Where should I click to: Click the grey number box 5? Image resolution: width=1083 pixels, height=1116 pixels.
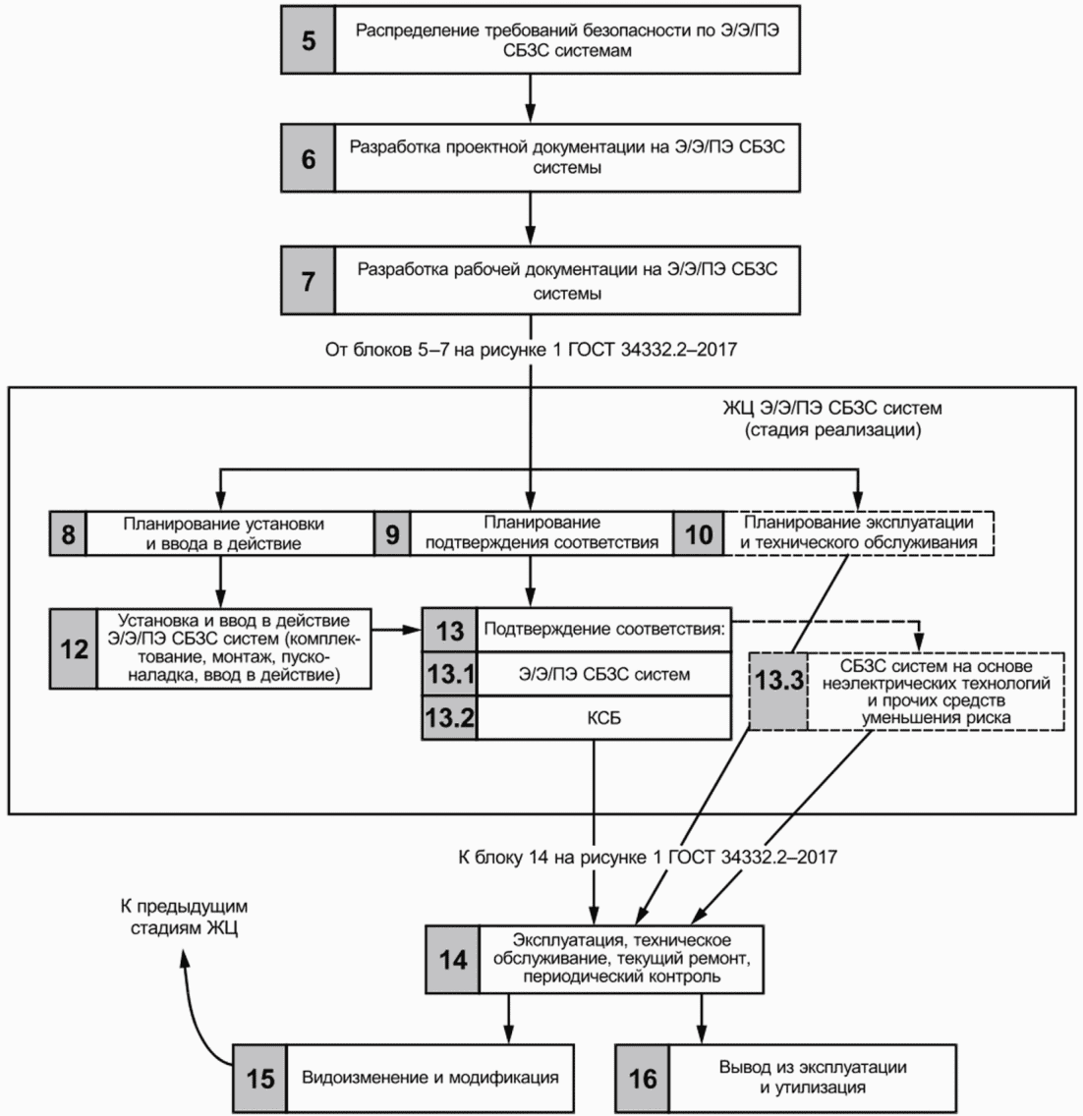[309, 41]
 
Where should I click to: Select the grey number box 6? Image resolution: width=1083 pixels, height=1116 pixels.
[309, 157]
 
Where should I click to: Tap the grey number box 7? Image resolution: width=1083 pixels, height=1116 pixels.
[309, 280]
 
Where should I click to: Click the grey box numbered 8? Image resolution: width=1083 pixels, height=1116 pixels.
[68, 533]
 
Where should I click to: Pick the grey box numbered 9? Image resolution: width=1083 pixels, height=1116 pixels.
[391, 533]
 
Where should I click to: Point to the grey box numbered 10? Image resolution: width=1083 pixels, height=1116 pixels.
[699, 533]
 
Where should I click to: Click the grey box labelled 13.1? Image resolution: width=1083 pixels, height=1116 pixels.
[449, 675]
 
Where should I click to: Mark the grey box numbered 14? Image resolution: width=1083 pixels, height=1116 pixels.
[452, 959]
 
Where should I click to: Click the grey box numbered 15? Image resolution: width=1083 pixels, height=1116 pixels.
[259, 1078]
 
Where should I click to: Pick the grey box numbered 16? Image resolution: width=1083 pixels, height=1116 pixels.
[642, 1078]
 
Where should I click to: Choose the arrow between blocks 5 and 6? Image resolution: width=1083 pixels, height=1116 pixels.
[531, 97]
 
